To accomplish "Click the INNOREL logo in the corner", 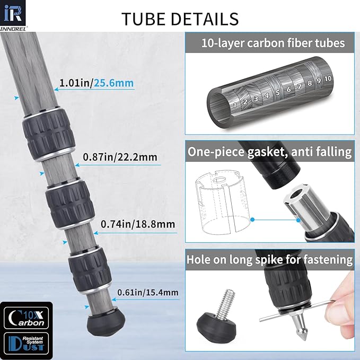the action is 13,15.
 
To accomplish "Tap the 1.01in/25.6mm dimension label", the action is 96,83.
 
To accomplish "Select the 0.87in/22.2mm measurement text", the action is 120,157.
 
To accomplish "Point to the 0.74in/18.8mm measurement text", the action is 138,224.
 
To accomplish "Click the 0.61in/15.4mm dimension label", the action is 148,292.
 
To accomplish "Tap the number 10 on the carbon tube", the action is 328,79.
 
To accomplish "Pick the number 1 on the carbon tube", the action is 235,106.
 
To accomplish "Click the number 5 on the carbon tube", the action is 278,93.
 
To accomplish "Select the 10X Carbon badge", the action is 27,318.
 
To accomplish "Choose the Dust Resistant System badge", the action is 27,344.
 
